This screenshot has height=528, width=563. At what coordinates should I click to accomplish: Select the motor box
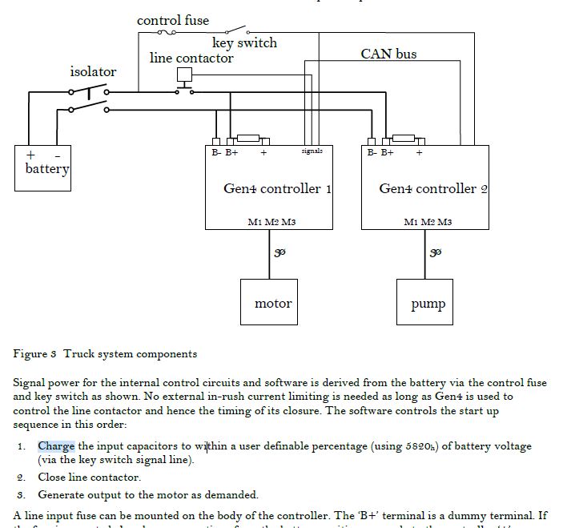272,303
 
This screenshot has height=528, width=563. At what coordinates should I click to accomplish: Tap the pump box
428,303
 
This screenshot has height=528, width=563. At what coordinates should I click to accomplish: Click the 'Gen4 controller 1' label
277,189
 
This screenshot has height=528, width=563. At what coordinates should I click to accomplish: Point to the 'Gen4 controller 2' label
433,189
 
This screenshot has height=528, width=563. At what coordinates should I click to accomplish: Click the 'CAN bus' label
388,54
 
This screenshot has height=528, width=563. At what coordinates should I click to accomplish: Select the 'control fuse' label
173,20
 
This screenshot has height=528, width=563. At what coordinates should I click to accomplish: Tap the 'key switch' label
244,42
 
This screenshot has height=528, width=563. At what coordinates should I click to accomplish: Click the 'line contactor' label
191,58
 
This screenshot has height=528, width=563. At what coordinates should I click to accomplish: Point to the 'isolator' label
93,71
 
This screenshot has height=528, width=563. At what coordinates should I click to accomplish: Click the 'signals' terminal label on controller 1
312,151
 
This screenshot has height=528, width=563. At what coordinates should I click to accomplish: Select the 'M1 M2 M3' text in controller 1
271,221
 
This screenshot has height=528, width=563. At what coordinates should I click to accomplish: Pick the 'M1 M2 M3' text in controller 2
428,221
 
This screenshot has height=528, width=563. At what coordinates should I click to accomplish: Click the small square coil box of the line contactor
184,75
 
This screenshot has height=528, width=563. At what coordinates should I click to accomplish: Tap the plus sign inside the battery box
31,154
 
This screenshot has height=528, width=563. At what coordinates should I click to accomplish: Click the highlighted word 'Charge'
56,446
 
